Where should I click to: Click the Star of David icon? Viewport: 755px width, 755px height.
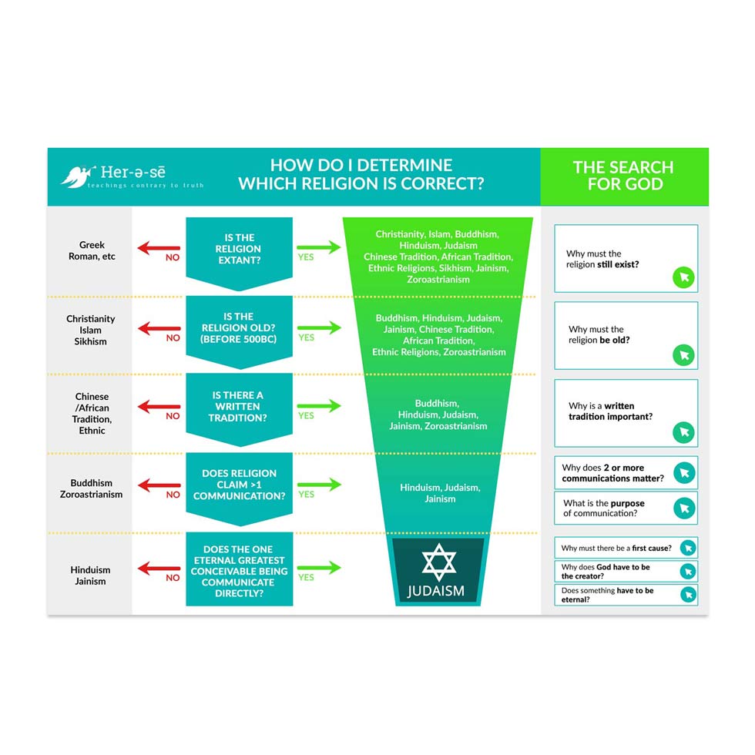(x=438, y=562)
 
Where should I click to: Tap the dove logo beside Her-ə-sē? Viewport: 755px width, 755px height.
(x=74, y=176)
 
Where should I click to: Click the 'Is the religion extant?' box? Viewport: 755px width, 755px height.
(x=239, y=249)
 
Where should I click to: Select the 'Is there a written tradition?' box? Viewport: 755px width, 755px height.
(x=239, y=407)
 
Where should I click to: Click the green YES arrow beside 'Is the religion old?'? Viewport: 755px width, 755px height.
(x=318, y=327)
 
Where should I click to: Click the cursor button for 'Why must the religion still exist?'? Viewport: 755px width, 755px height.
(x=683, y=277)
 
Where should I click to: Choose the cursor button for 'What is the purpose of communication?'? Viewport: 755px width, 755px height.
(x=684, y=508)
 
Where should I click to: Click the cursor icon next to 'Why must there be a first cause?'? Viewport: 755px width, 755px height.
(x=688, y=549)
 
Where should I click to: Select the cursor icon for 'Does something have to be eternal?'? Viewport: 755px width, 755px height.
(x=688, y=595)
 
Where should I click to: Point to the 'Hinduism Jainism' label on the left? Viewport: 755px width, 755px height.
(x=90, y=575)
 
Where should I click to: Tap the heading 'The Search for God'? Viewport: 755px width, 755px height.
(x=623, y=176)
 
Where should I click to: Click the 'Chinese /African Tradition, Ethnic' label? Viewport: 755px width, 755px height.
(x=92, y=414)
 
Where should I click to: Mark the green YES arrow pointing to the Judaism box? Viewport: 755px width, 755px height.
(x=318, y=568)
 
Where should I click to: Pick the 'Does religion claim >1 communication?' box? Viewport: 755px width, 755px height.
(x=239, y=485)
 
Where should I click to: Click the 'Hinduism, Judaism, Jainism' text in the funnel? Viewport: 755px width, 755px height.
(x=439, y=493)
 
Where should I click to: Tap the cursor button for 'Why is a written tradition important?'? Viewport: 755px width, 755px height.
(x=683, y=432)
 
